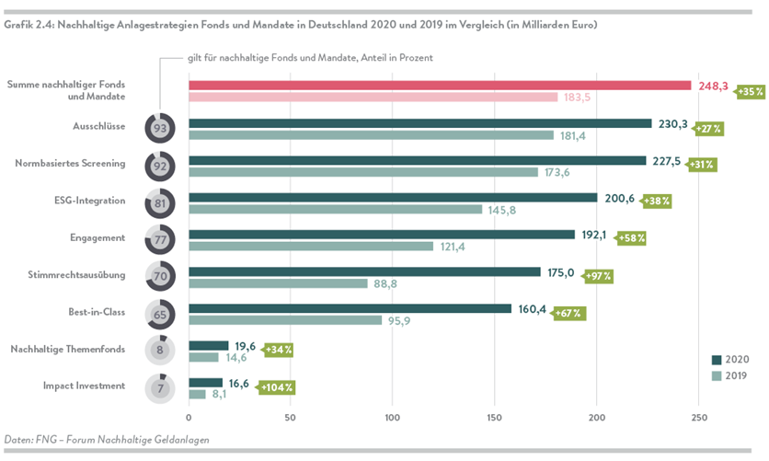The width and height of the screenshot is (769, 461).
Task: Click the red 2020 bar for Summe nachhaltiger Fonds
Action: pos(440,86)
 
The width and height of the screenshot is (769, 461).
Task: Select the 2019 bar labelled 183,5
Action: pos(373,98)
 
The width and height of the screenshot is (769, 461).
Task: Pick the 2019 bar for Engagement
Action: pos(311,247)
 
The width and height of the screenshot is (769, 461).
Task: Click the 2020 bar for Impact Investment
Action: pos(205,382)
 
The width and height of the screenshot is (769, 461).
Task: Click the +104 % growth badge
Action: pos(277,387)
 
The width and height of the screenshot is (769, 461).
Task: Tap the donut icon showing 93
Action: pos(160,129)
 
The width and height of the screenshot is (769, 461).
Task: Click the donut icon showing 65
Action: pos(160,314)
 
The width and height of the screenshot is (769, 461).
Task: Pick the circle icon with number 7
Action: pos(160,388)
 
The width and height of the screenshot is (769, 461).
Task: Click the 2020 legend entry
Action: pos(731,360)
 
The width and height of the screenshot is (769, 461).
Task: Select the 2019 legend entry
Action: pos(731,375)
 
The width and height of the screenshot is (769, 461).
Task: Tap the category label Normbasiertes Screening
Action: pos(70,163)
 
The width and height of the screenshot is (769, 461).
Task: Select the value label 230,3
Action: pos(674,123)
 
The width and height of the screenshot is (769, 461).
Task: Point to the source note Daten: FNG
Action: pos(107,440)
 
